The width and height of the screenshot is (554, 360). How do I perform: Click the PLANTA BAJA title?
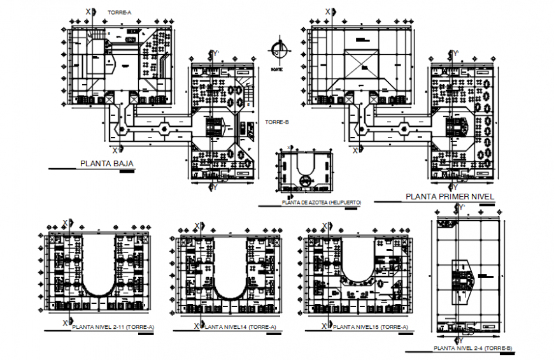click(107, 164)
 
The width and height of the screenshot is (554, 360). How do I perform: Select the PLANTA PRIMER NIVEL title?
click(450, 197)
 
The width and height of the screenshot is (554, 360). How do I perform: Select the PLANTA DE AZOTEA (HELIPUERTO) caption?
click(321, 202)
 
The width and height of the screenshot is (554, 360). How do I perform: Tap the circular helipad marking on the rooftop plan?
click(305, 182)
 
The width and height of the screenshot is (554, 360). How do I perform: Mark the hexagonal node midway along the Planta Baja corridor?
click(164, 128)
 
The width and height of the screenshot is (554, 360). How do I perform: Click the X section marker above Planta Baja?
click(88, 11)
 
